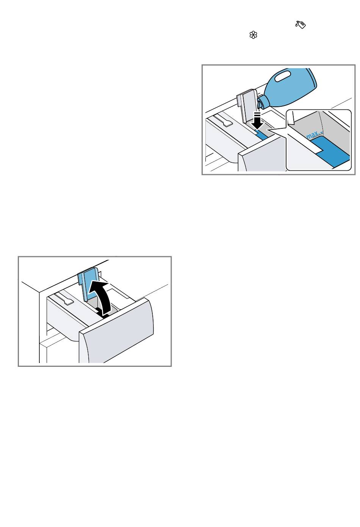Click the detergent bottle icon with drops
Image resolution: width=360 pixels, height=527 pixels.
(301, 25)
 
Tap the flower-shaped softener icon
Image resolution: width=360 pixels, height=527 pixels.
(253, 35)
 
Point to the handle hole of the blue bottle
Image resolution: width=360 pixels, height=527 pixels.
(283, 76)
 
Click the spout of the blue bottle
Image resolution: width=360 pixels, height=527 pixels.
(260, 104)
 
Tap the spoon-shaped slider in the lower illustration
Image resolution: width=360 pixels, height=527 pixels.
(64, 298)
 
